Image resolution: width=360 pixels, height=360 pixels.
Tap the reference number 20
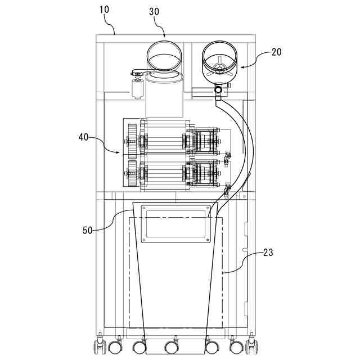click(x=276, y=52)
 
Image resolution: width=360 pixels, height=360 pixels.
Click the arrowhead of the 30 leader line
click(x=164, y=37)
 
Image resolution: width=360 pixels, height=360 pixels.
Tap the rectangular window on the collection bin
click(x=175, y=223)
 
